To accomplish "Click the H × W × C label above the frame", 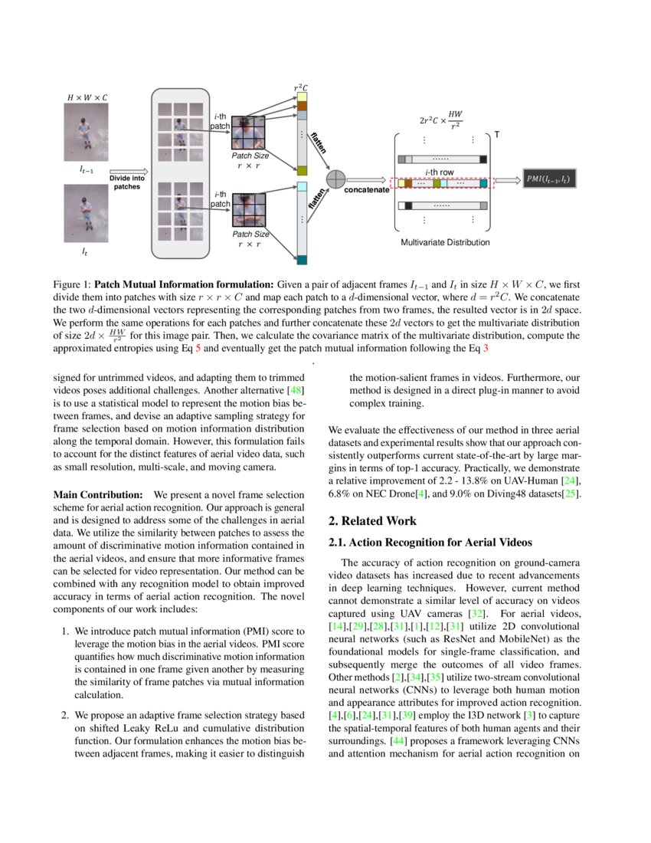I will pos(87,98).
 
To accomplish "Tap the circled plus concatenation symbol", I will pos(335,179).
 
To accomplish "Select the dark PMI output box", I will pos(549,179).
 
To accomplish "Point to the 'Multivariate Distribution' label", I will pos(445,242).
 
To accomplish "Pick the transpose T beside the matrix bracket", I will pos(496,135).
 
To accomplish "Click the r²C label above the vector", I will pos(302,89).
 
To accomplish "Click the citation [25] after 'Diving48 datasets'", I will pos(571,494).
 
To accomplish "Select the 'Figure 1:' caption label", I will pos(71,283).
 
